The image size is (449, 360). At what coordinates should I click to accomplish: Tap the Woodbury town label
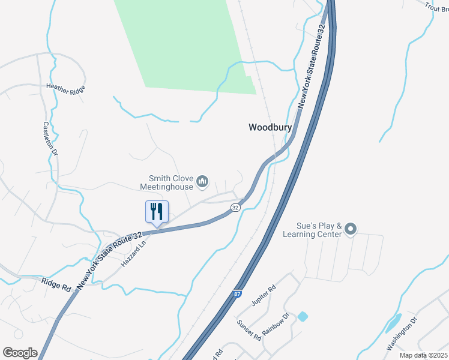270,127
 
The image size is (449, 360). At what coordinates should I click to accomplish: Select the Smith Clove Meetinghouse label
166,182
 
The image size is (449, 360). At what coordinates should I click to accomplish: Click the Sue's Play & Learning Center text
311,229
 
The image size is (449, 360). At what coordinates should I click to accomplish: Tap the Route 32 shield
235,207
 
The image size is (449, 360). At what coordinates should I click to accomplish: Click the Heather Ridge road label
66,88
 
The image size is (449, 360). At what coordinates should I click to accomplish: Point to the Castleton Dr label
50,140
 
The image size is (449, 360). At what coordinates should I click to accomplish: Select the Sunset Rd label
249,330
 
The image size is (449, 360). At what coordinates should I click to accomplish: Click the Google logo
20,353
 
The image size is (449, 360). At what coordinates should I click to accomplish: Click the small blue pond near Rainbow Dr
302,316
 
